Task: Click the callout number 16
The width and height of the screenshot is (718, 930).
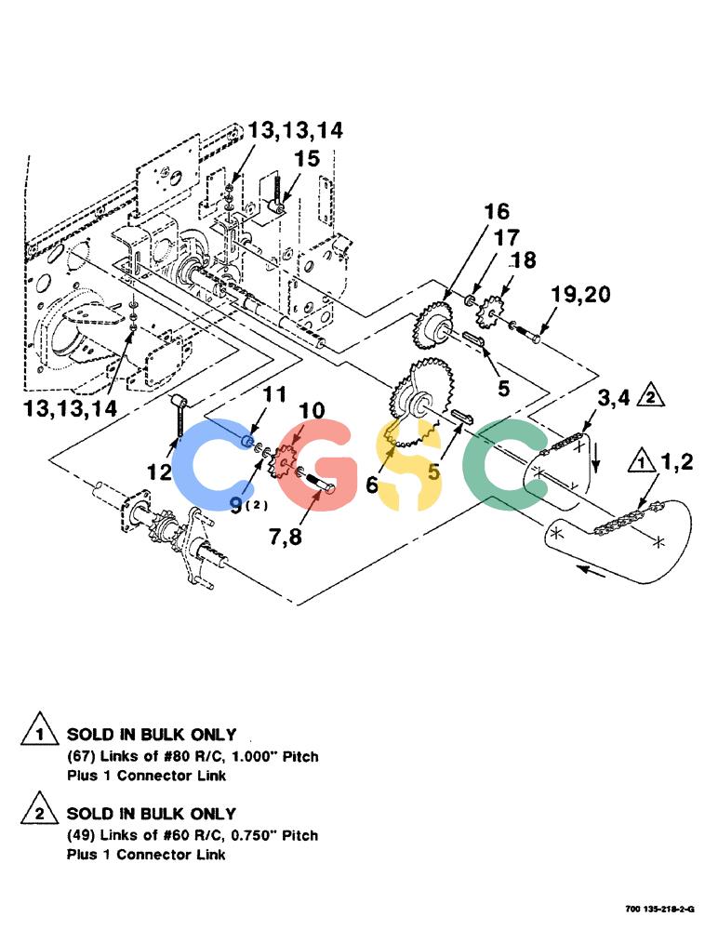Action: pos(497,211)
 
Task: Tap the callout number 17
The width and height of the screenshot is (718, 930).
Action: pos(507,238)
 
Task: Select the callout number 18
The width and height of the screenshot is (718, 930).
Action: pos(524,259)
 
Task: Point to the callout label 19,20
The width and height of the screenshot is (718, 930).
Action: pos(580,294)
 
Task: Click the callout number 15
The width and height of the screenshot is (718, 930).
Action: pos(307,158)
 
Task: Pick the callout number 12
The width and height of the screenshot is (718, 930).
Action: pos(159,472)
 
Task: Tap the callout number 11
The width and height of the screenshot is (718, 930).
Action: pos(274,394)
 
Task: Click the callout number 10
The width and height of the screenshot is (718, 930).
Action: pos(312,410)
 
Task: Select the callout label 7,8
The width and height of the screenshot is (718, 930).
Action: pos(286,537)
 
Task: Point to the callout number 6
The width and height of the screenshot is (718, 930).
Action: pos(372,485)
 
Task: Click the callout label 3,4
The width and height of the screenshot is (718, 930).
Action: pos(614,398)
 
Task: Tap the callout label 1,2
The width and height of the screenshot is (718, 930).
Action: pos(677,461)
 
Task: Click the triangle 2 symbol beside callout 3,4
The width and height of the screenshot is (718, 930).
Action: pos(650,395)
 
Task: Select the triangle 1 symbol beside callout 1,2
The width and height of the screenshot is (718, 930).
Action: pos(642,461)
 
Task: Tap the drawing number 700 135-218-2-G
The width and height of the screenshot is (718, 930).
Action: pos(659,909)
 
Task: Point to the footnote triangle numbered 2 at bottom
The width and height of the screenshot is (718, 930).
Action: pos(40,808)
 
